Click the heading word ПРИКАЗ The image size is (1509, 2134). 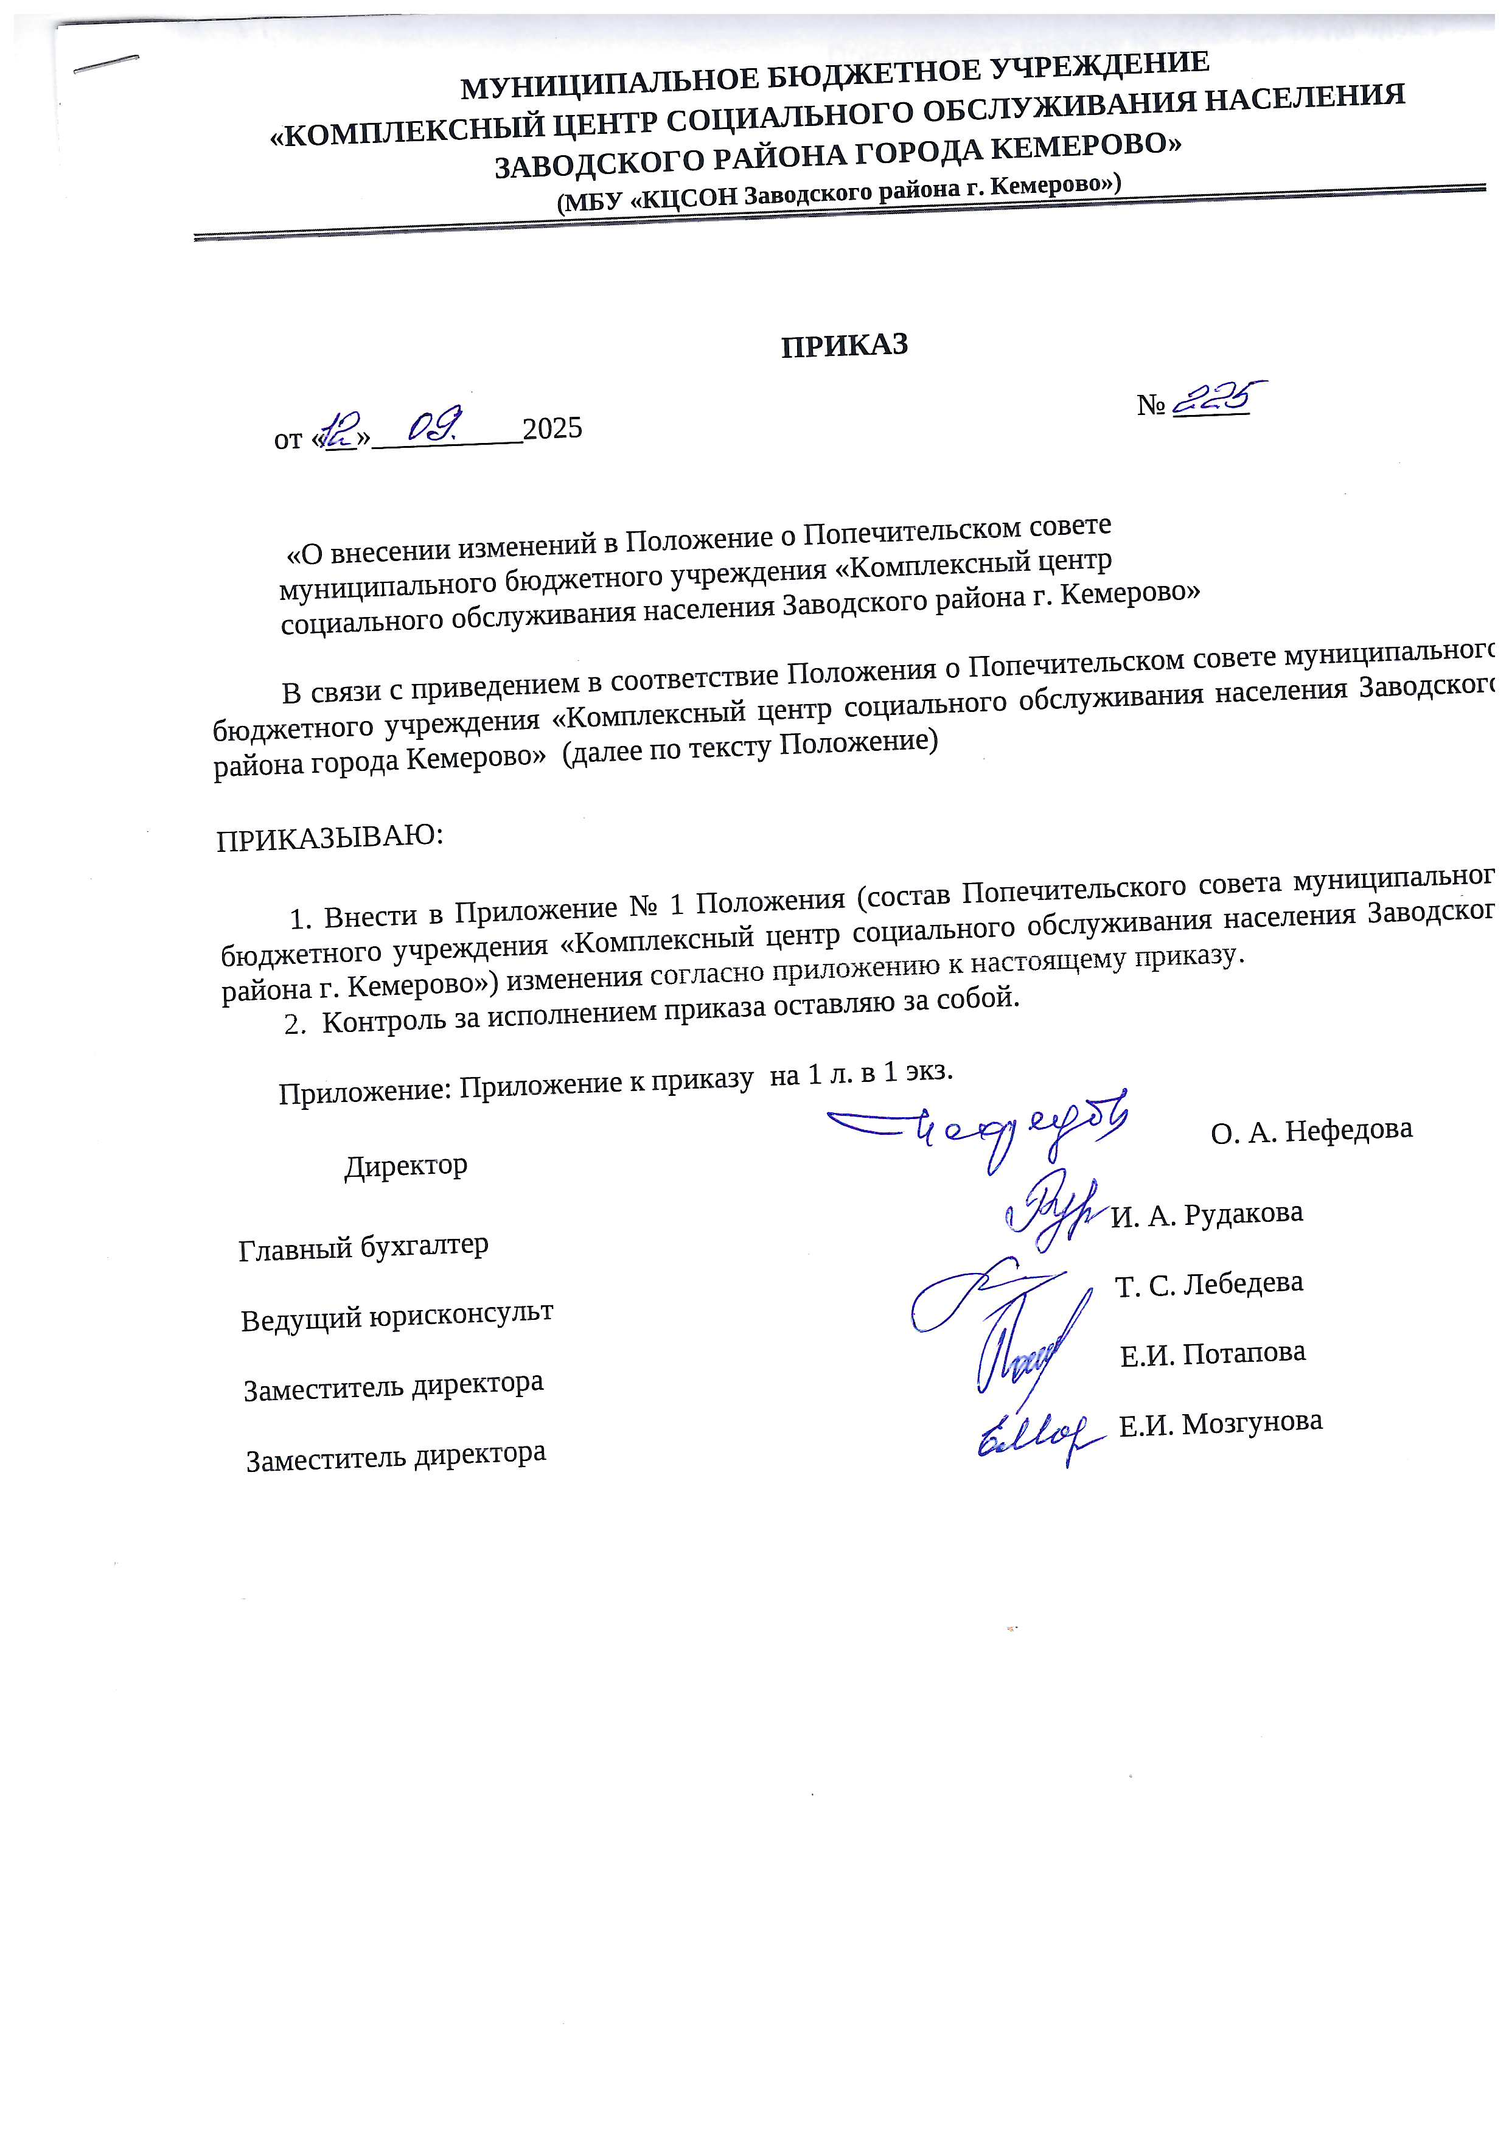point(844,345)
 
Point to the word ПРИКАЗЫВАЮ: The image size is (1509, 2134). point(330,837)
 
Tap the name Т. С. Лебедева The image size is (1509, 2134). point(1209,1283)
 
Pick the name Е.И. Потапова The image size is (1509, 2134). point(1213,1353)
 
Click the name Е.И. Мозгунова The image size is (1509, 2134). point(1220,1423)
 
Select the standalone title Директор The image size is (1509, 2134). point(406,1165)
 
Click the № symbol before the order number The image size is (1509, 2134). point(1151,405)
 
